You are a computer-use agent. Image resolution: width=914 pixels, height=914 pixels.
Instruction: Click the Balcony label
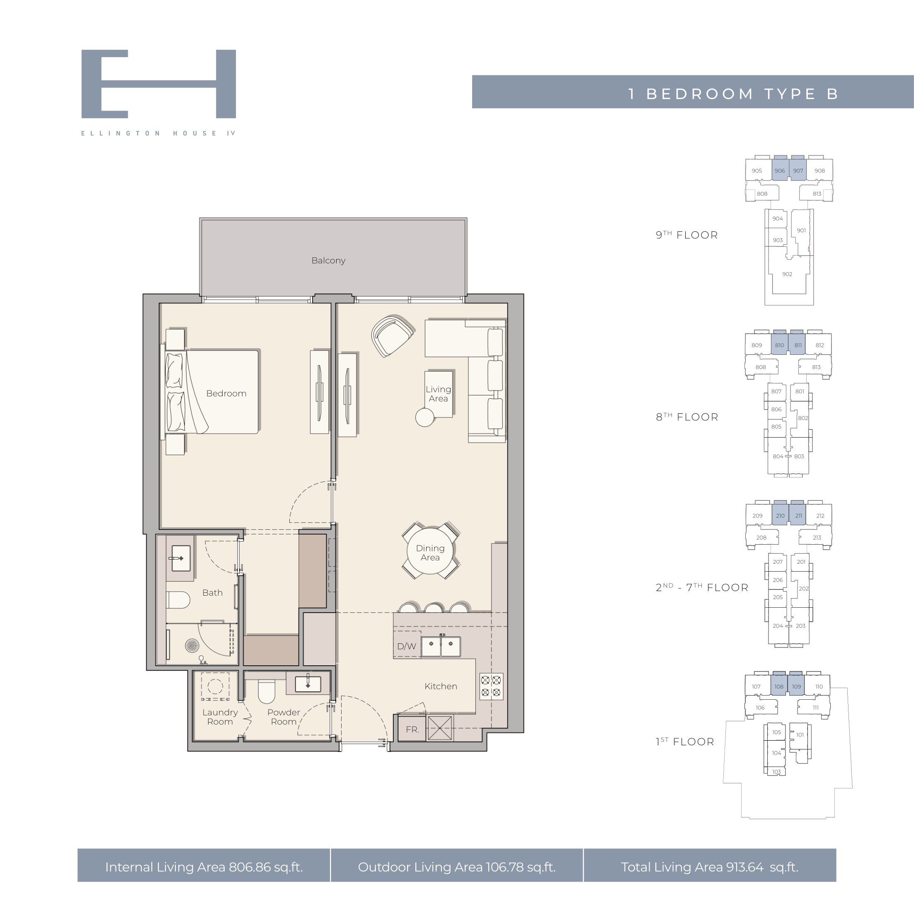click(328, 261)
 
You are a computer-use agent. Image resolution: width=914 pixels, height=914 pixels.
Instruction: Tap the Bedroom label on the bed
click(226, 394)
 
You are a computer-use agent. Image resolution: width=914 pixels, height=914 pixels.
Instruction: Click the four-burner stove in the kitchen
click(492, 686)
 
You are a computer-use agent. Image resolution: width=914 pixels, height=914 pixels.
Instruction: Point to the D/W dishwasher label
click(406, 646)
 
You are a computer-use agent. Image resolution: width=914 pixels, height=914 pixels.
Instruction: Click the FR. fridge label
click(412, 730)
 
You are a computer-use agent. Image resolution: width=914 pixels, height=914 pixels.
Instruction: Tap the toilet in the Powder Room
click(267, 692)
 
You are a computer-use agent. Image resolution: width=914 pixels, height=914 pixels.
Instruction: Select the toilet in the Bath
click(178, 600)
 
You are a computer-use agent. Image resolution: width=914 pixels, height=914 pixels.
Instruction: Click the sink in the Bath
click(180, 558)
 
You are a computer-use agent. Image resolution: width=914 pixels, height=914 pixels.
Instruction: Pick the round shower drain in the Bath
click(192, 645)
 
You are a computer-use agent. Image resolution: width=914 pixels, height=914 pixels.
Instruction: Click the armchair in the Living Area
click(392, 335)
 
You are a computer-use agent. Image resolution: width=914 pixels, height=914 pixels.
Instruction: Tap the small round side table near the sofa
click(424, 417)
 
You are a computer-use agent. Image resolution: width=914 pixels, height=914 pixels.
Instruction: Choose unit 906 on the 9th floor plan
click(779, 170)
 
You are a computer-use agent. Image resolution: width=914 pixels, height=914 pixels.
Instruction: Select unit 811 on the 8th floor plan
click(798, 345)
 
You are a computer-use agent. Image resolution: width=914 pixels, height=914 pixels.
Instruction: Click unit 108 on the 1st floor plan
click(779, 686)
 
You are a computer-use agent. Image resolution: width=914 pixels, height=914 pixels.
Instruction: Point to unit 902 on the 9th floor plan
click(787, 274)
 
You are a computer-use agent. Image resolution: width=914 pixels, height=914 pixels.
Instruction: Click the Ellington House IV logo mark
click(158, 84)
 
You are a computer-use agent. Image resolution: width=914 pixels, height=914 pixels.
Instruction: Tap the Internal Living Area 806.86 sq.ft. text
click(204, 867)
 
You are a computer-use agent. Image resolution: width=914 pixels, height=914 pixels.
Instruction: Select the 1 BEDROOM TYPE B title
click(733, 94)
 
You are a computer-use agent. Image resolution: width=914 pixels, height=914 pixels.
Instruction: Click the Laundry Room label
click(220, 717)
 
